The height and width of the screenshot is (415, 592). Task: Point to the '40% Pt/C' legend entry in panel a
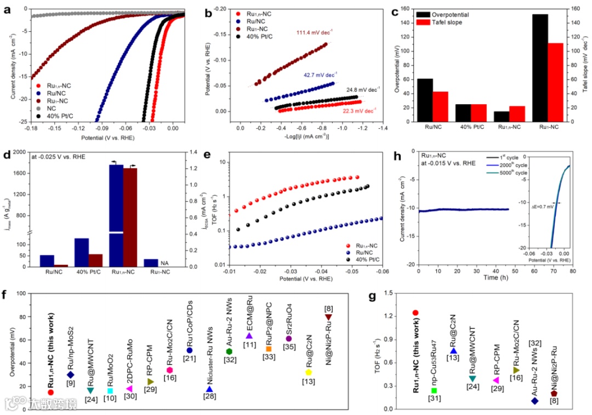click(x=60, y=116)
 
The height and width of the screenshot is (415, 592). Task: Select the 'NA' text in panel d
click(x=164, y=263)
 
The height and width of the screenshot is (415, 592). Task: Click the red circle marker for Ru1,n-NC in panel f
click(x=50, y=392)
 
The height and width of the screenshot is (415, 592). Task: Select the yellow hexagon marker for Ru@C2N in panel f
click(x=308, y=372)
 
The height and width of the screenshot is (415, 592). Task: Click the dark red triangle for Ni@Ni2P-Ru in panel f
click(x=328, y=317)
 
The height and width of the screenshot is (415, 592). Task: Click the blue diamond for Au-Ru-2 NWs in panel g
click(x=535, y=401)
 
